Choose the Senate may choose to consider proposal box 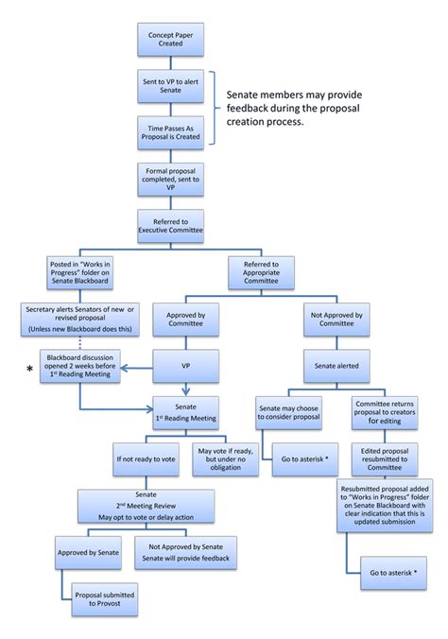(x=289, y=411)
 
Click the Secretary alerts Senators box (x=78, y=317)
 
